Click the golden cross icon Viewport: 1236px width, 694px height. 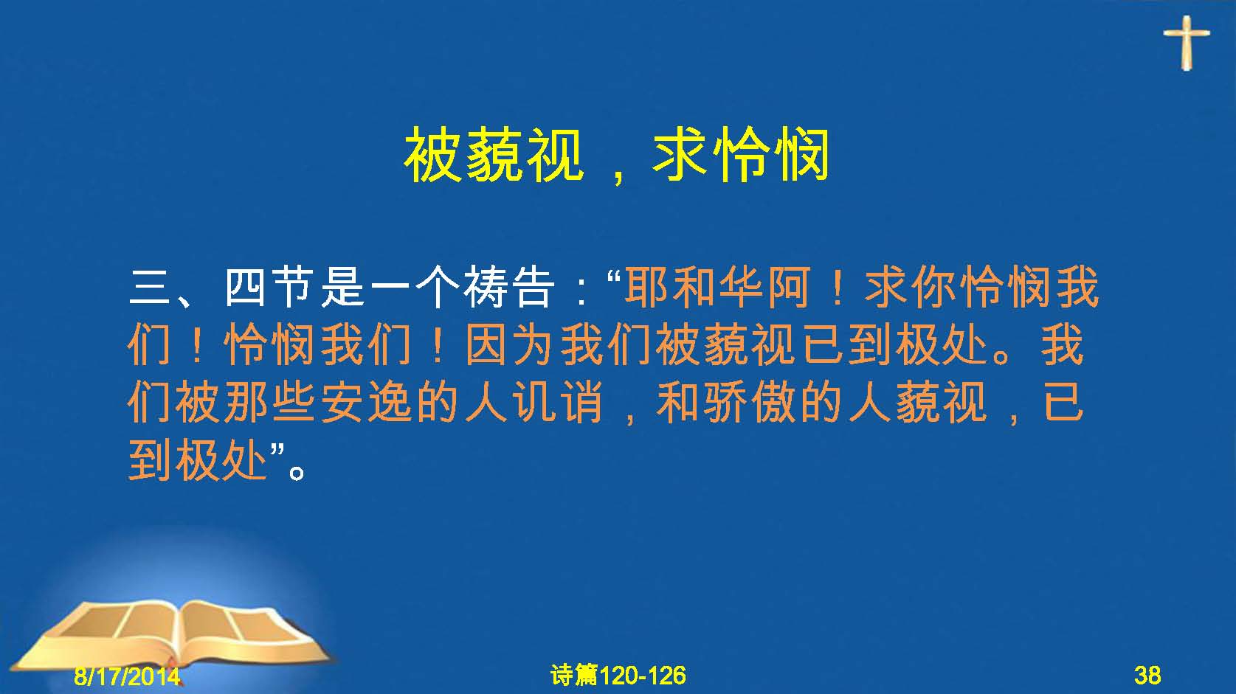click(1187, 42)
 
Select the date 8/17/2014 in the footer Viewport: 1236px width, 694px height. click(127, 676)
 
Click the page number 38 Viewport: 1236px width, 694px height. click(1147, 676)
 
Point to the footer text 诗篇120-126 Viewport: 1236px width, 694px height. click(618, 676)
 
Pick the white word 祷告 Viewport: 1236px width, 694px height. click(508, 288)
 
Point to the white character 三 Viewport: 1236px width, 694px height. click(150, 288)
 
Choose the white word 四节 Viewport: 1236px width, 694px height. click(269, 288)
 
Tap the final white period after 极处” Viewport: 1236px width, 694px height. click(297, 473)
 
